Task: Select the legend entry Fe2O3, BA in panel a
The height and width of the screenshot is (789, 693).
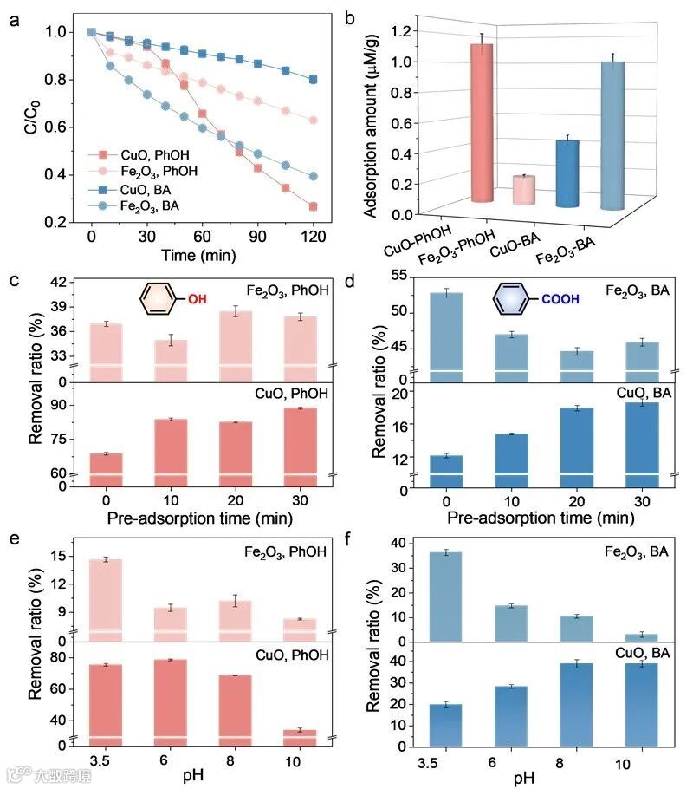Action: [142, 204]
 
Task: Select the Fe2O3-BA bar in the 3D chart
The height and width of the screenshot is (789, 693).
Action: [612, 135]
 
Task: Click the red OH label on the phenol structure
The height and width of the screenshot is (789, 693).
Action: [198, 300]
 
